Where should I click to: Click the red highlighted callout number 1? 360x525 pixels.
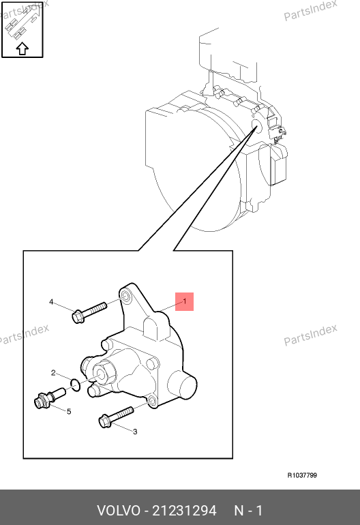185,301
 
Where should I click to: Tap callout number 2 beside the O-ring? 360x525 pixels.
53,373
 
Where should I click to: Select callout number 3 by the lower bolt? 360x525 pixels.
135,432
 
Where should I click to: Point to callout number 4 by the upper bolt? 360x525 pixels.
51,302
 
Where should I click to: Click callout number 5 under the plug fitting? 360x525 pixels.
69,411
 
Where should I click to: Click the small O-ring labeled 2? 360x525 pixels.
76,385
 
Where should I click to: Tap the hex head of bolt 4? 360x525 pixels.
78,317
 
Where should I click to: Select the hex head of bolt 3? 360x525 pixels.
104,421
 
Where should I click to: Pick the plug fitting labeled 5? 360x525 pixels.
50,397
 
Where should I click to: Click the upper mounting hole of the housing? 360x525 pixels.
126,297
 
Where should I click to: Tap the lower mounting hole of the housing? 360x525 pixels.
151,401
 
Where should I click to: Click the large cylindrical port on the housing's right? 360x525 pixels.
182,385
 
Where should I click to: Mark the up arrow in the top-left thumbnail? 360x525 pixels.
22,48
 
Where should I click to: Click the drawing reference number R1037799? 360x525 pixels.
302,475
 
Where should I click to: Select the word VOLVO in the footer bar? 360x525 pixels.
119,511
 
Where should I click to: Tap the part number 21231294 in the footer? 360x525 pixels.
185,511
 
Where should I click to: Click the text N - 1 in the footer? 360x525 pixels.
248,511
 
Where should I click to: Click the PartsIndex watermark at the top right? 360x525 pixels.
310,11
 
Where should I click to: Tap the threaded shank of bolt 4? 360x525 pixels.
95,309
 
